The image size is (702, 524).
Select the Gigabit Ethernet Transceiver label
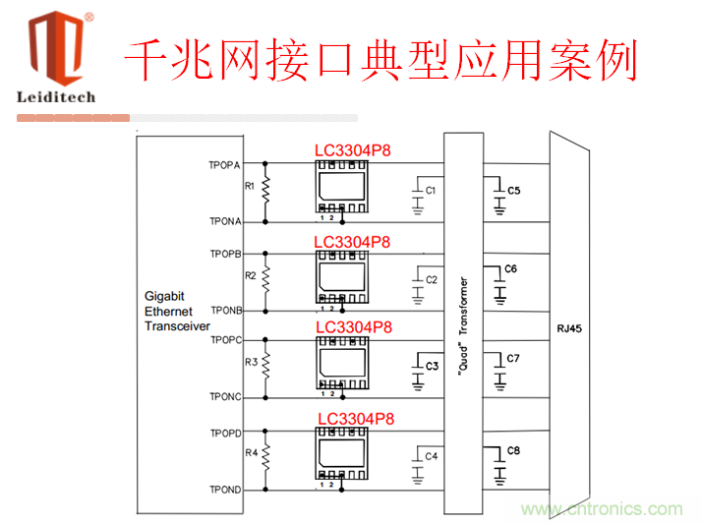pos(177,311)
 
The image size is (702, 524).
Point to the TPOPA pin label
pos(225,164)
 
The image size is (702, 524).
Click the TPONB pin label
pos(226,311)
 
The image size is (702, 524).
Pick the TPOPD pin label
pos(225,433)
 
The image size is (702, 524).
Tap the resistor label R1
pos(250,185)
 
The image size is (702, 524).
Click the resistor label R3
pos(250,362)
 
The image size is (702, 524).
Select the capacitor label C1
pos(431,189)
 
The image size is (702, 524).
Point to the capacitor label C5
pos(514,189)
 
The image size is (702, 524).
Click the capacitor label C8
pos(512,450)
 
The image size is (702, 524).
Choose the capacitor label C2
pos(431,280)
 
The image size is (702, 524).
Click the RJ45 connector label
pos(568,328)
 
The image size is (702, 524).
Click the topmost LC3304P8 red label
pos(353,151)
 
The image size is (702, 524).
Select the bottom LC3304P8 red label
pos(356,419)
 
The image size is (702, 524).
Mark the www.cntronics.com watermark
pos(601,509)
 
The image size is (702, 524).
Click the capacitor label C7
pos(513,358)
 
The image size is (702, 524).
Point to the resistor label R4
pos(250,453)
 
